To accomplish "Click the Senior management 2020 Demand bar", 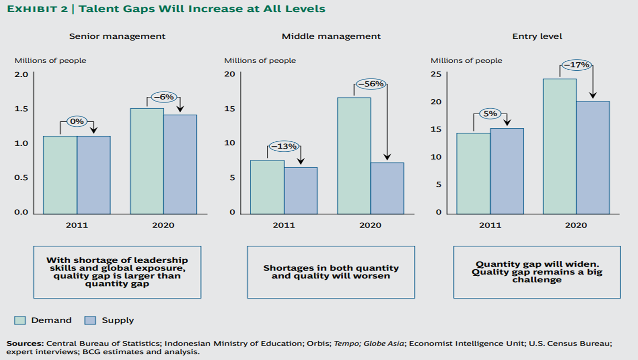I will (x=147, y=161).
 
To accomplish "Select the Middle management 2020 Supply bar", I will (x=387, y=188).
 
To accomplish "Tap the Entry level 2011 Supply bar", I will (x=507, y=171).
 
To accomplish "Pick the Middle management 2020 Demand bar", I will (x=354, y=155).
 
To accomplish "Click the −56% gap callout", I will (x=370, y=84).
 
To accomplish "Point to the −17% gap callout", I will (x=576, y=65).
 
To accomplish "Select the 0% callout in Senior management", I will (x=77, y=122).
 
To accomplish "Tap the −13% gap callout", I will (x=284, y=147).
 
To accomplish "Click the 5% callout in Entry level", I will (x=490, y=114).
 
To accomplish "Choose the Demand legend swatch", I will (x=20, y=321).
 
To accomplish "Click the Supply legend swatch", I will (x=90, y=321).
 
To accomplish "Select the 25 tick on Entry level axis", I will (x=436, y=74).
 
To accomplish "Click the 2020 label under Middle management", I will (x=370, y=225).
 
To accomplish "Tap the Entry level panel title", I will (x=537, y=36).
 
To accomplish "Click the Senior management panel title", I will (x=117, y=36).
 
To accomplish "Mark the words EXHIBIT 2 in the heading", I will (x=36, y=9).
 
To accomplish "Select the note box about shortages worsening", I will (x=331, y=272).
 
